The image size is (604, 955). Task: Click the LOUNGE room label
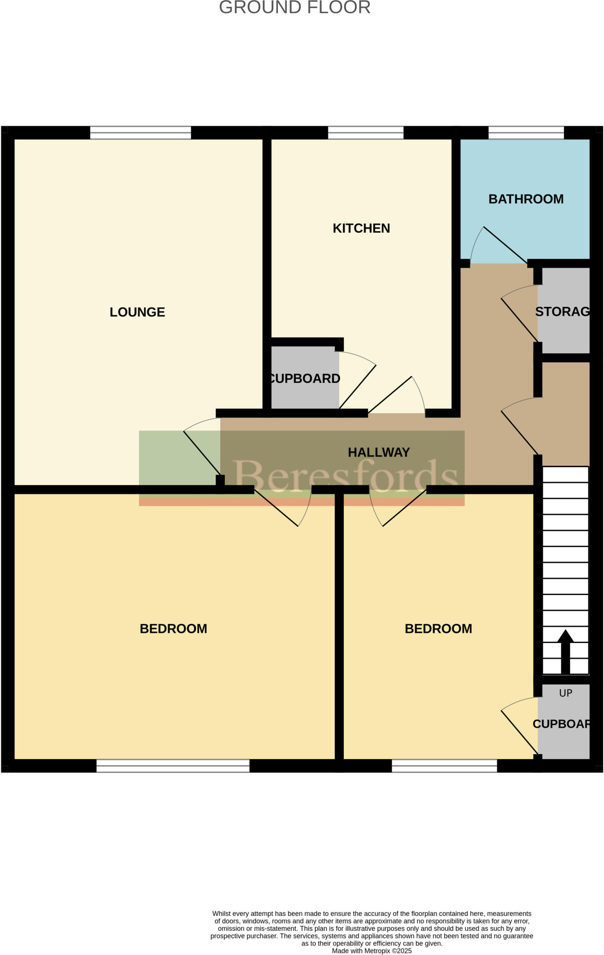point(137,312)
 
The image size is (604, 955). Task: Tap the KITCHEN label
point(361,228)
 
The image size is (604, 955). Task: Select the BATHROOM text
point(526,199)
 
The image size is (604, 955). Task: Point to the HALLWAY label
point(379,452)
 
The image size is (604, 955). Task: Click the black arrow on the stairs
point(565,651)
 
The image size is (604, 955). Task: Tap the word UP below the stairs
point(565,693)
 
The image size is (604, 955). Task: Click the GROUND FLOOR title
point(295,7)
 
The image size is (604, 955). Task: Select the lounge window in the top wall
point(140,132)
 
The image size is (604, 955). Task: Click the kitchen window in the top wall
point(366,132)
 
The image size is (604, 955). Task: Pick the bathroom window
point(526,132)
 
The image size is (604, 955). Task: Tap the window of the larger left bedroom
point(173,766)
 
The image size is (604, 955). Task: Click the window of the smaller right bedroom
point(444,766)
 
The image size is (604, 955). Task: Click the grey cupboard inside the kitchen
point(305,378)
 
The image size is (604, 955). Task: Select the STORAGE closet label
point(562,311)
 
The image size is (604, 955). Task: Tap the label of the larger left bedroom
point(173,629)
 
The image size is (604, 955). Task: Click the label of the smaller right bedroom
point(438,629)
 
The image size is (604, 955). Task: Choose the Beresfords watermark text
point(345,475)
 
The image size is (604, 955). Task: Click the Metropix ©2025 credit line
point(372,951)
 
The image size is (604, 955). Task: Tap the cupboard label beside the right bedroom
point(562,724)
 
